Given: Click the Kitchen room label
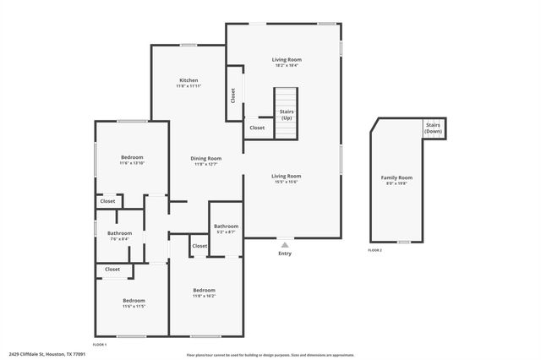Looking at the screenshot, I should (188, 80).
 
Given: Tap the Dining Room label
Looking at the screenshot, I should (205, 158).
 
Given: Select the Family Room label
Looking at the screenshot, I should (396, 177).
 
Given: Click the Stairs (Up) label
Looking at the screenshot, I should (287, 114).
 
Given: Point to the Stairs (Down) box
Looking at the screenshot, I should (434, 128).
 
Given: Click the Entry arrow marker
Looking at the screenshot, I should (284, 245).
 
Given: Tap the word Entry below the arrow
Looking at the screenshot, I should (285, 254).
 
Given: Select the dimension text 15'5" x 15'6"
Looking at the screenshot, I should (287, 183).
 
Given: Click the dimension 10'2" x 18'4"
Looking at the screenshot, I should (287, 66).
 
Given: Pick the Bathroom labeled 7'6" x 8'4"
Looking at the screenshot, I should (119, 233).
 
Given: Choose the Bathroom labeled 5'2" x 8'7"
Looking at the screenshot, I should (226, 226).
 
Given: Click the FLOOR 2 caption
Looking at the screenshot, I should (374, 251).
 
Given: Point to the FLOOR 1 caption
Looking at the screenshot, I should (100, 345).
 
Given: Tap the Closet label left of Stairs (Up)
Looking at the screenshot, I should (257, 128).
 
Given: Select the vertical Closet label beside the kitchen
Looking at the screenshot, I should (232, 95).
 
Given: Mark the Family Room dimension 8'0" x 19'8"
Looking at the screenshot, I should (396, 183).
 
